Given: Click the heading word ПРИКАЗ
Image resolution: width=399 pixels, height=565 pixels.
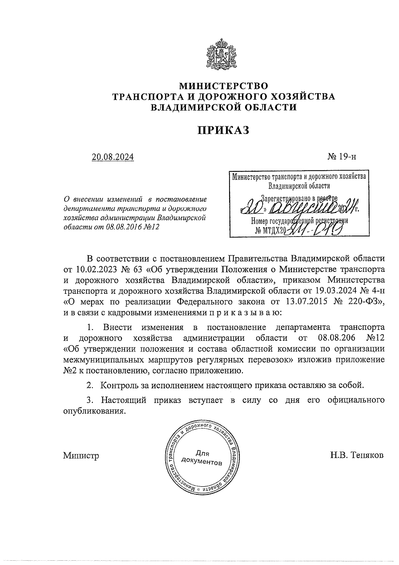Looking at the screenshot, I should (223, 130).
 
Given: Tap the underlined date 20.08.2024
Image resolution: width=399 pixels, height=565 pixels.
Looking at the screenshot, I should (113, 156).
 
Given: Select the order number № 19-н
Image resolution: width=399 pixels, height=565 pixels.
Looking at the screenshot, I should (341, 156).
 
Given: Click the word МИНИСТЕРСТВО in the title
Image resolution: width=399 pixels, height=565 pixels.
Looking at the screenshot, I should (223, 86).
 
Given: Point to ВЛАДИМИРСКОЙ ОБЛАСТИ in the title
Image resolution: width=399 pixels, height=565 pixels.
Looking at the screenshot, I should (223, 107).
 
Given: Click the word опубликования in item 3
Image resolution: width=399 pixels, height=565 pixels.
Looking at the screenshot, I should (94, 411).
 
